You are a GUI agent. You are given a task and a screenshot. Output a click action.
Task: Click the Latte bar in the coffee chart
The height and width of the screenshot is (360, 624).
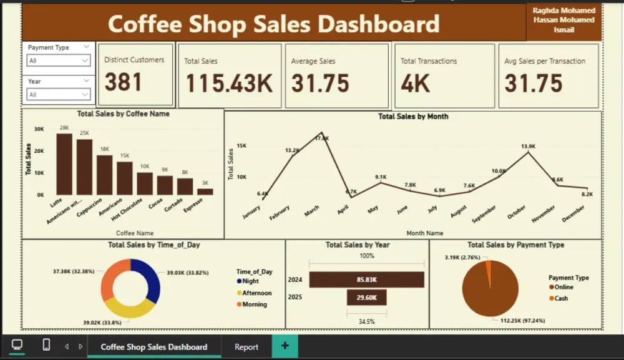click(x=64, y=164)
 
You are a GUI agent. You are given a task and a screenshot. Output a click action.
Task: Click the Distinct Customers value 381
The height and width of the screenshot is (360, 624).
click(x=124, y=82)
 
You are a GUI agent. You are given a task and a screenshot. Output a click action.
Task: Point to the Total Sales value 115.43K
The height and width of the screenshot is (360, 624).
click(x=229, y=84)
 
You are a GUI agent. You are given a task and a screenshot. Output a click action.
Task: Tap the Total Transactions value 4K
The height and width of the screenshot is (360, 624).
click(x=416, y=84)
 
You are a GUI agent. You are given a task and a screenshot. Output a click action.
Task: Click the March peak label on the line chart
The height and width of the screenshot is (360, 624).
click(x=321, y=138)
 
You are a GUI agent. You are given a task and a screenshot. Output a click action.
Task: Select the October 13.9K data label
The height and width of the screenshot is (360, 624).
click(x=528, y=146)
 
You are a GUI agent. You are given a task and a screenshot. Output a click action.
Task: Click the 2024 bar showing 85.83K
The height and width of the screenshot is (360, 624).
click(x=366, y=280)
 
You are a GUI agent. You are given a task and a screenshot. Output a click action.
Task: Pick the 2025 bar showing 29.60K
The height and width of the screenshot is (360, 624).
click(x=366, y=298)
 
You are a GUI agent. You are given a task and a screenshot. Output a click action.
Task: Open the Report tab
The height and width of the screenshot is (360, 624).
click(x=246, y=347)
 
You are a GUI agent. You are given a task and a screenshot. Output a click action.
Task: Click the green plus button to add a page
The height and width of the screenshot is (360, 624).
click(x=285, y=346)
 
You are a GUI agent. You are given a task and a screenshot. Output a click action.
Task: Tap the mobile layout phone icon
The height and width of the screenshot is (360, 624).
click(x=46, y=345)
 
